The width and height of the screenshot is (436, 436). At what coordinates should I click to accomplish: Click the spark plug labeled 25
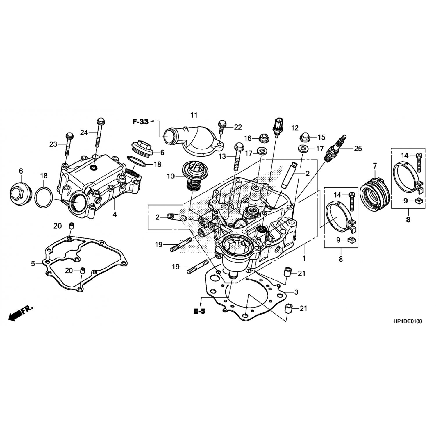coord(336,148)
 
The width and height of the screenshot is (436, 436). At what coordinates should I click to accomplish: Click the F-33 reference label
coord(140,122)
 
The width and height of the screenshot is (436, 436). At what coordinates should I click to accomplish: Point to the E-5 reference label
coord(199,311)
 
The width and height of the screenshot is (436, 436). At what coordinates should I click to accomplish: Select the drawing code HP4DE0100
coord(407,321)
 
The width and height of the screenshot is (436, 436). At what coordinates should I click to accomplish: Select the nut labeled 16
coord(264,137)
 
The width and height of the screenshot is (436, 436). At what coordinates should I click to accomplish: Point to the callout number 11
coord(194,115)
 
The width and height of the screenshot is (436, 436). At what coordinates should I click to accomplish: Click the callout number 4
coord(115,215)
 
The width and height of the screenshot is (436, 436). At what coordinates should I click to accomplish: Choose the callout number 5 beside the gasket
coord(33,264)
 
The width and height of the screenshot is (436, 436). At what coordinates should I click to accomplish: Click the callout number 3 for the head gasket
coord(296,292)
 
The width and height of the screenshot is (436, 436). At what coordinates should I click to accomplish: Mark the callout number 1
coord(304,258)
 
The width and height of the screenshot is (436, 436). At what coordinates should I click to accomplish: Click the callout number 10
coord(171,176)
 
